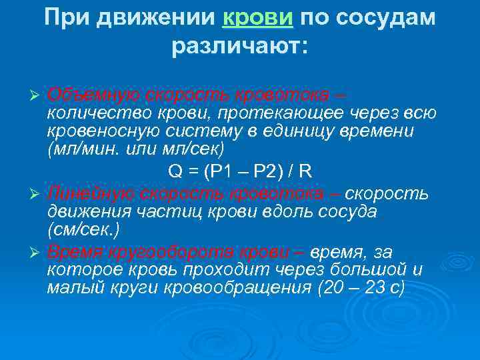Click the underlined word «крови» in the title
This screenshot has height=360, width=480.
pyautogui.click(x=257, y=18)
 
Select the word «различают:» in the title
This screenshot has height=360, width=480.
pyautogui.click(x=240, y=47)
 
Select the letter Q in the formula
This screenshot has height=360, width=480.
pyautogui.click(x=175, y=171)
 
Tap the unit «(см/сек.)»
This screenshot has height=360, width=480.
pyautogui.click(x=83, y=230)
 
